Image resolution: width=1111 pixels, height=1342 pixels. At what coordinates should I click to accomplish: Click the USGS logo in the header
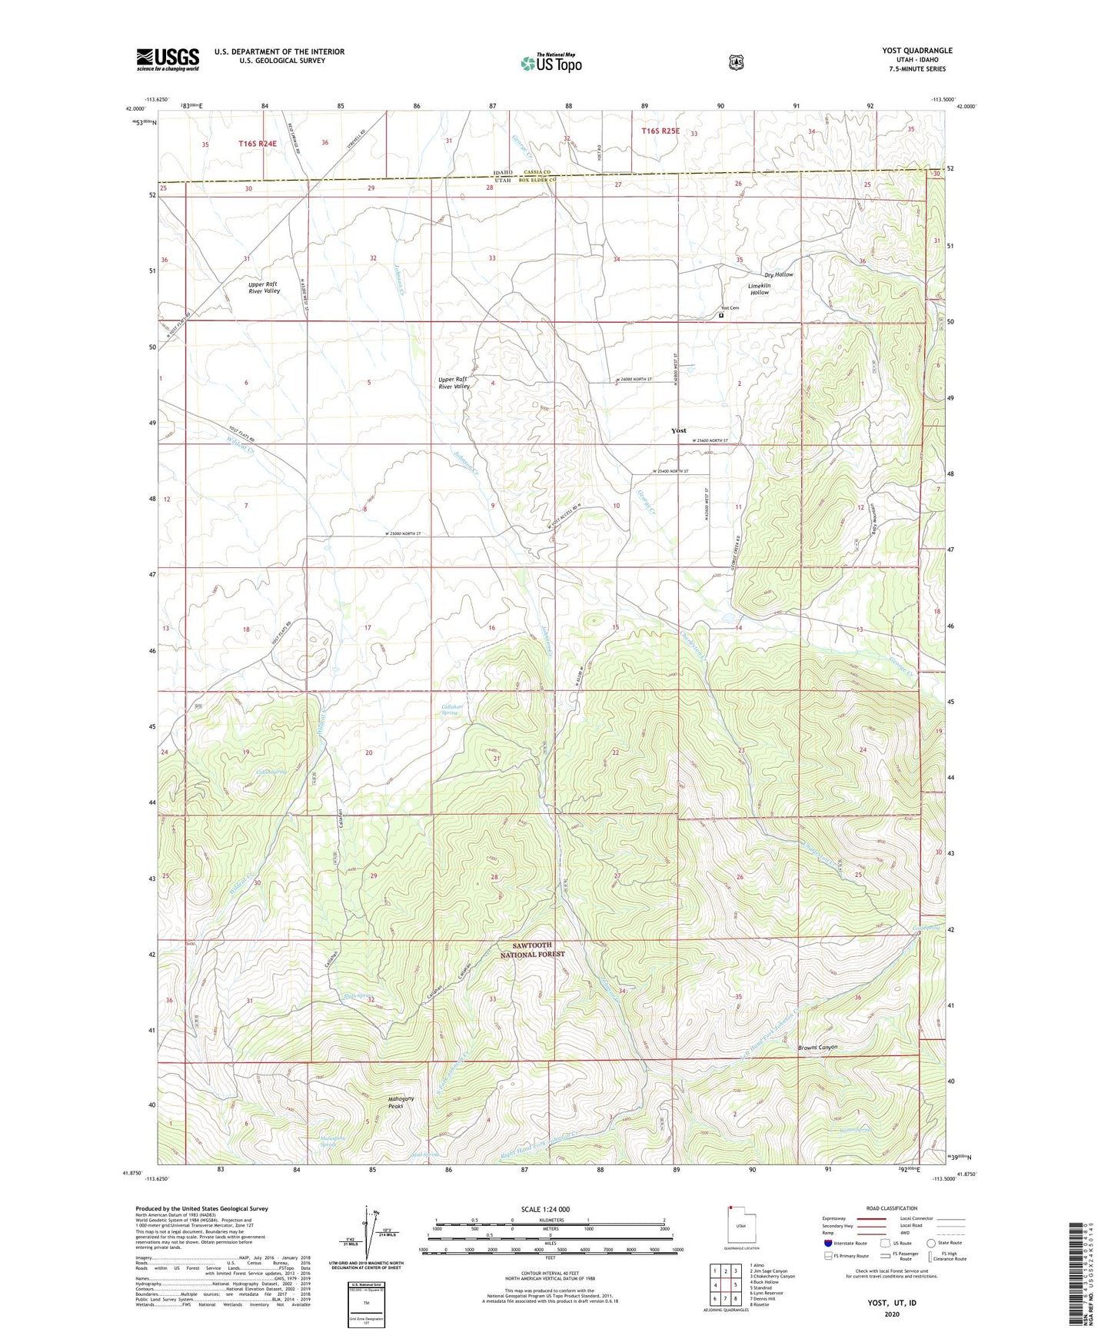(x=168, y=59)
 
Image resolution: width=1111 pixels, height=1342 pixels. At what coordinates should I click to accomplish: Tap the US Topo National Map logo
(x=551, y=62)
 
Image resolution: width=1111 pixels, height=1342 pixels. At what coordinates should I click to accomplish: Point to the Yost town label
(x=678, y=430)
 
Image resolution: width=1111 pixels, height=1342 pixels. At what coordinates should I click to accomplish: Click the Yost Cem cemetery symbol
(x=721, y=315)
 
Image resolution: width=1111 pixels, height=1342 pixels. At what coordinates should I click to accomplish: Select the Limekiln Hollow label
(x=759, y=289)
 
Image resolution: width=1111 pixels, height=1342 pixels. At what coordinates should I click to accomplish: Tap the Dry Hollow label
(x=778, y=274)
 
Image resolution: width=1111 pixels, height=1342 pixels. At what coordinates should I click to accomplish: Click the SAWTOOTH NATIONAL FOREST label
(x=532, y=949)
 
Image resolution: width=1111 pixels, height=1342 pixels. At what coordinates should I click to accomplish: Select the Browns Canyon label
(x=817, y=1048)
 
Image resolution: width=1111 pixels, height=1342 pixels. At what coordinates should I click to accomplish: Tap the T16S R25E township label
(x=660, y=131)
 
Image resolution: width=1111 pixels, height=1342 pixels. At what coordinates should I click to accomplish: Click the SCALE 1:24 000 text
(x=545, y=1209)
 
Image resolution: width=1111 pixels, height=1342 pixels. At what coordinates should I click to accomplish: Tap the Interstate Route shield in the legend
(x=827, y=1242)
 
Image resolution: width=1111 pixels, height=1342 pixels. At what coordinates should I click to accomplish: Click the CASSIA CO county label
(x=537, y=171)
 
